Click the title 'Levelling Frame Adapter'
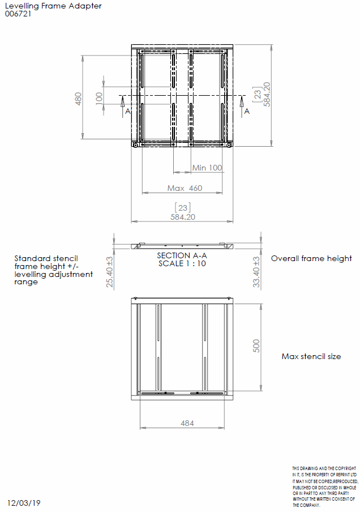(53, 6)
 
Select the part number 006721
(18, 14)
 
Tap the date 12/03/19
(24, 502)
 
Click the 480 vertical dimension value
(79, 99)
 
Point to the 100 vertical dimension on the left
(99, 97)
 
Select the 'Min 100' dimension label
(207, 168)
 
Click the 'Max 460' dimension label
(185, 188)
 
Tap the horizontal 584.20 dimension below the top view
(183, 216)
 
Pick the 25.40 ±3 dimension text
(110, 272)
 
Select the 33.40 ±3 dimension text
(256, 272)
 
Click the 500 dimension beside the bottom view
(256, 346)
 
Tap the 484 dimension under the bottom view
(187, 423)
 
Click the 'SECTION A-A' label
(182, 255)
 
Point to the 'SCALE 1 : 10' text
(182, 263)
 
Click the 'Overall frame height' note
(311, 258)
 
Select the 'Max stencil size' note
(311, 357)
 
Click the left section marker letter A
(128, 112)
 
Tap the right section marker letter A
(247, 112)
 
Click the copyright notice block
(325, 487)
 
